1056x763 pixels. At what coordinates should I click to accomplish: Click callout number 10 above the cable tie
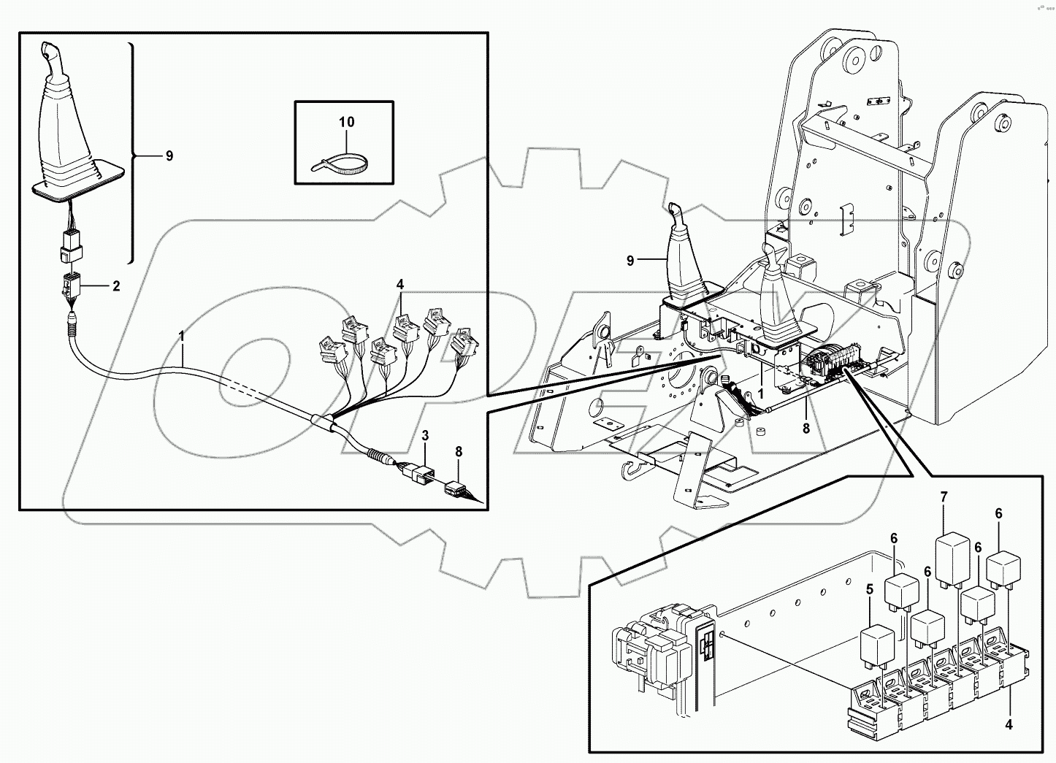pos(347,122)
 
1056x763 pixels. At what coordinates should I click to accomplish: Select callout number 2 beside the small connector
pos(115,286)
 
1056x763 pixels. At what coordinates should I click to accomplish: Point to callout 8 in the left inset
pos(459,452)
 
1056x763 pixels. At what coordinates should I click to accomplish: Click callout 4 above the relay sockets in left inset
pos(399,283)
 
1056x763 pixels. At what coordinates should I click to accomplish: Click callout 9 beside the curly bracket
pos(169,156)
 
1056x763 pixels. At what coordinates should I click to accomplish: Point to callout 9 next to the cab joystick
pos(630,259)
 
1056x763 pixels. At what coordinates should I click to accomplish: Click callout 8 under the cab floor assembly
pos(806,429)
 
